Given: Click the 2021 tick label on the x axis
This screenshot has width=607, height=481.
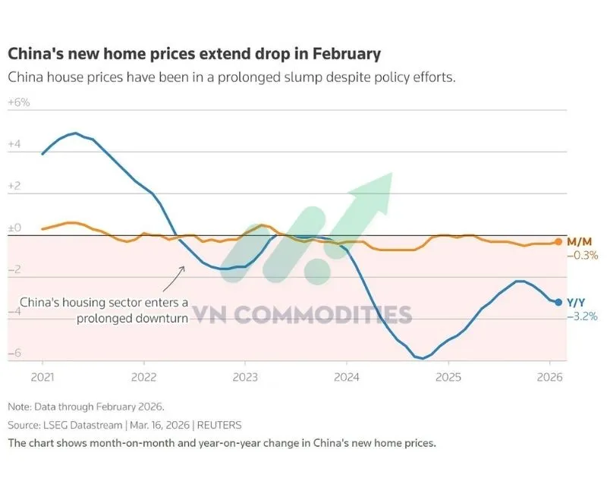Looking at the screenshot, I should [42, 376].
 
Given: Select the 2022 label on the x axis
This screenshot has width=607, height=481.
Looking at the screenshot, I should [143, 376].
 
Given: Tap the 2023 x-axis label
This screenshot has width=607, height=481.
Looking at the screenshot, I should [245, 376].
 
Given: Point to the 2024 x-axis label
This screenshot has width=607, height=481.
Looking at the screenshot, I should [347, 376].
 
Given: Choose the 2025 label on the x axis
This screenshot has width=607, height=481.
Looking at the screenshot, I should [448, 376].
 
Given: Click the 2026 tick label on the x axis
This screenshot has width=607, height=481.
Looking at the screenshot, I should [550, 376].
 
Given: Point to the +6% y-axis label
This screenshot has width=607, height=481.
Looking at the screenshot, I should [19, 102].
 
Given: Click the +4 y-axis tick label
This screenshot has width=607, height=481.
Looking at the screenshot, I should [15, 143].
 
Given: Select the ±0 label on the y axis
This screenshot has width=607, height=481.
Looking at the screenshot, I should [15, 227].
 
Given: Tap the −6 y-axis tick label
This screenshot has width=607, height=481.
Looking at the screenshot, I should [15, 353].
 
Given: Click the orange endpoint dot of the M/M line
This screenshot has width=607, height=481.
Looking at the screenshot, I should [559, 242].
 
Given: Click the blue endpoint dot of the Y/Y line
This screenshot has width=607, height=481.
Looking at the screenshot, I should [559, 302].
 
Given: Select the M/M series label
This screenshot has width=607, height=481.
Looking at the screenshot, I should [579, 241].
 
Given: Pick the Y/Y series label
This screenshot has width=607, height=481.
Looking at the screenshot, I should [577, 302].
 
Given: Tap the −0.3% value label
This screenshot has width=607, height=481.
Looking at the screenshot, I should [582, 256].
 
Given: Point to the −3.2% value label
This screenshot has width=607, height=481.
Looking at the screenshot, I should [582, 316].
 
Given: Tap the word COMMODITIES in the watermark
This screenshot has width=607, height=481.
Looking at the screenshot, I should [329, 314].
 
